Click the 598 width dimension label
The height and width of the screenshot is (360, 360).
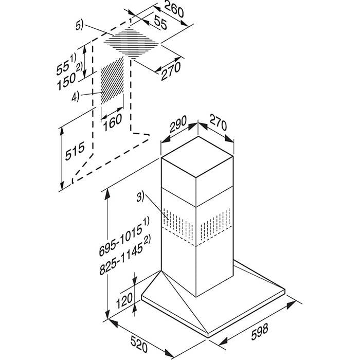point(259,331)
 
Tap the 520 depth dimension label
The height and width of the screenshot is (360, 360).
point(139,344)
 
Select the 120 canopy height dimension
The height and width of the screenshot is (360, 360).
point(124,300)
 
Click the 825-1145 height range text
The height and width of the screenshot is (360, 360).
point(125,255)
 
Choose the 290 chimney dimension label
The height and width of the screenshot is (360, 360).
point(178,124)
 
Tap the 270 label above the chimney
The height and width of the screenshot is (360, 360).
point(218,123)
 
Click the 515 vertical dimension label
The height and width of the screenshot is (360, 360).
point(75,151)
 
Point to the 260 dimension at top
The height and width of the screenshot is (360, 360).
point(174,10)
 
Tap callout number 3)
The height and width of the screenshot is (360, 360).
point(140,197)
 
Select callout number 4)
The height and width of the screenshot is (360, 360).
point(75,97)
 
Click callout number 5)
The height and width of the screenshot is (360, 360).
point(80,25)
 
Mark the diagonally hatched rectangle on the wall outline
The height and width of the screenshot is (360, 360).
point(112,81)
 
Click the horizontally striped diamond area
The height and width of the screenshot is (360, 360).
point(131,43)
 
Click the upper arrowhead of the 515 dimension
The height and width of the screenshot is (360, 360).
point(62,132)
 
